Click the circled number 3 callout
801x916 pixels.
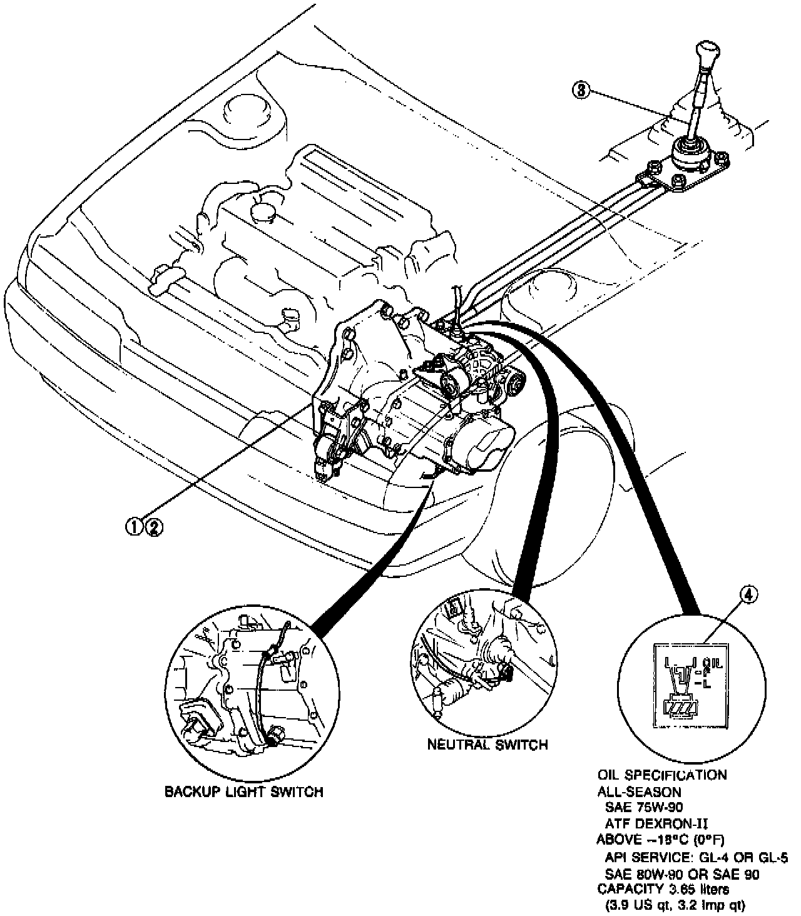(x=581, y=90)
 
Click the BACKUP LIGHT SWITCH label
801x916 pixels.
(x=243, y=791)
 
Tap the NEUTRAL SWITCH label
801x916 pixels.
(x=487, y=744)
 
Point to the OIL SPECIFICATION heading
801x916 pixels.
(x=661, y=775)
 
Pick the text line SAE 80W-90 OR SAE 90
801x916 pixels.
(x=682, y=873)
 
